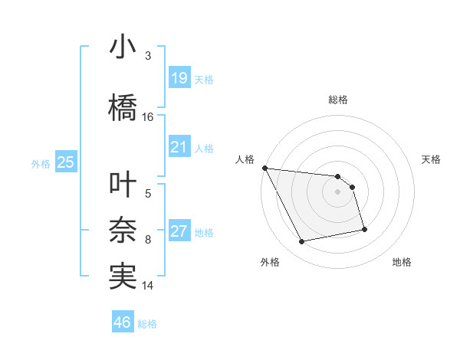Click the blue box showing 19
coord(179,77)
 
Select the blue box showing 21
coord(179,146)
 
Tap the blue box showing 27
coord(179,231)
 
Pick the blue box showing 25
coord(65,162)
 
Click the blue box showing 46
coord(123,322)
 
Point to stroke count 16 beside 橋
coord(148,117)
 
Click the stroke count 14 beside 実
coord(148,286)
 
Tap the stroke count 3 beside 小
coord(148,56)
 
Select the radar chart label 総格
coord(338,100)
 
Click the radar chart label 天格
coord(432,159)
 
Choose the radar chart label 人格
coord(245,159)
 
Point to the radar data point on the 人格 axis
coord(264,168)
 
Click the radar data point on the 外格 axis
coord(301,242)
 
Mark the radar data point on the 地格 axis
coord(364,229)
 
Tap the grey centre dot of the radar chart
coord(338,191)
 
